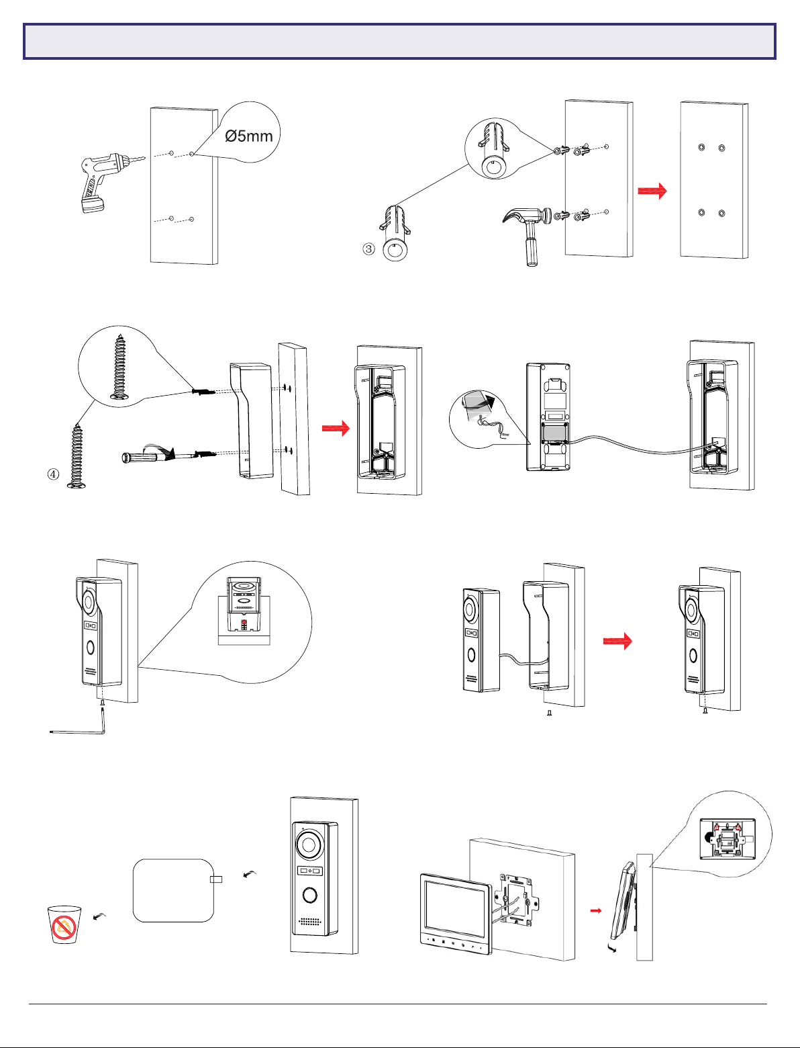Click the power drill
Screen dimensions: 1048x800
[101, 178]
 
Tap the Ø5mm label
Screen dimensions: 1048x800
[249, 136]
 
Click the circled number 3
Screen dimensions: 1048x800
[368, 249]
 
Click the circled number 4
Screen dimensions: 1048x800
[53, 474]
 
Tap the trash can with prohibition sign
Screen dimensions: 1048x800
[64, 924]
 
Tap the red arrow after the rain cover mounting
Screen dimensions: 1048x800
[336, 429]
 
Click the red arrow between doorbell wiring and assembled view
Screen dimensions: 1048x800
[617, 641]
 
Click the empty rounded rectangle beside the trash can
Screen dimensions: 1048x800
[173, 889]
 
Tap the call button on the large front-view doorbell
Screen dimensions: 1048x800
[309, 896]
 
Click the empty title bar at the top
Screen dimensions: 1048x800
[400, 42]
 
